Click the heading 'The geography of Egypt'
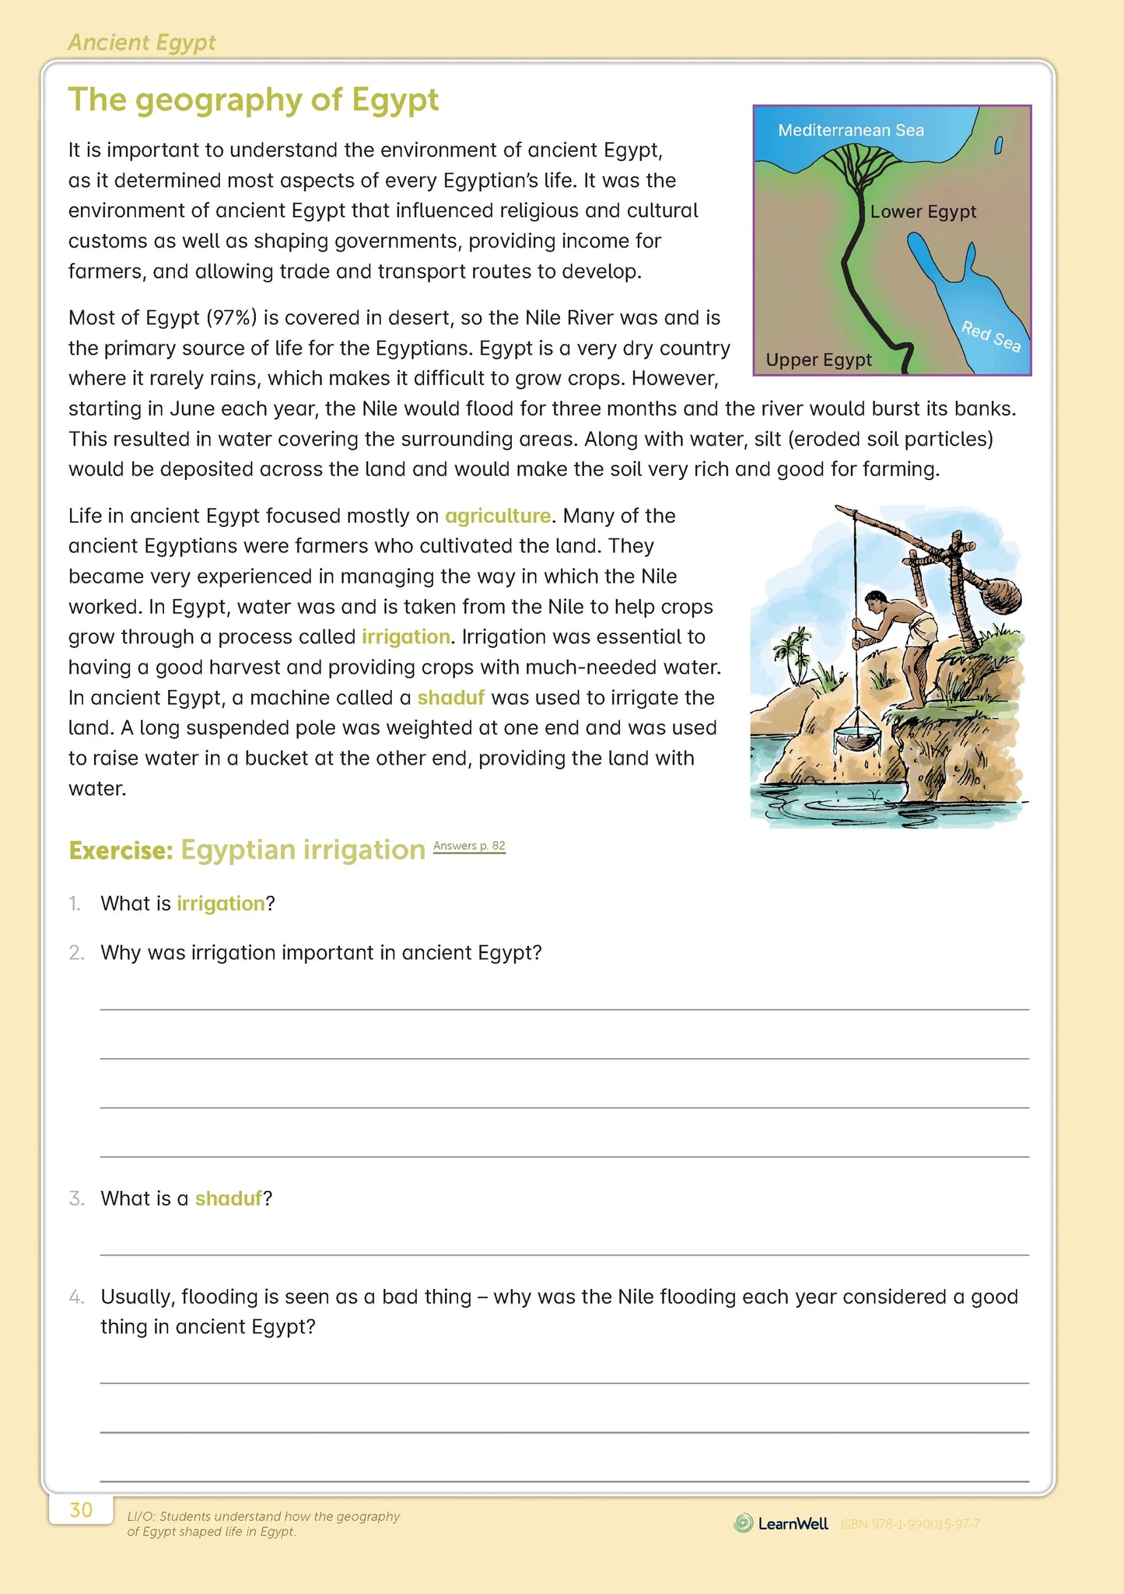click(x=254, y=100)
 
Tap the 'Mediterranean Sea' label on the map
click(x=851, y=131)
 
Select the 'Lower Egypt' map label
click(x=923, y=212)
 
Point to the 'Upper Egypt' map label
click(x=818, y=360)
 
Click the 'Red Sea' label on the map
click(x=990, y=336)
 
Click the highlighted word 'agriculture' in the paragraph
click(x=498, y=516)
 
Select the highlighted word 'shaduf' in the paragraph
click(x=450, y=698)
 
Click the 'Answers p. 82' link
click(x=469, y=846)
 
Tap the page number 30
click(x=81, y=1510)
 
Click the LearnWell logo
click(x=782, y=1523)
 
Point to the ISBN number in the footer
click(x=910, y=1524)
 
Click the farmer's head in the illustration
click(x=877, y=599)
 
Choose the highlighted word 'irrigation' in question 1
click(x=221, y=904)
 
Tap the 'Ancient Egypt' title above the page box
click(x=142, y=43)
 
